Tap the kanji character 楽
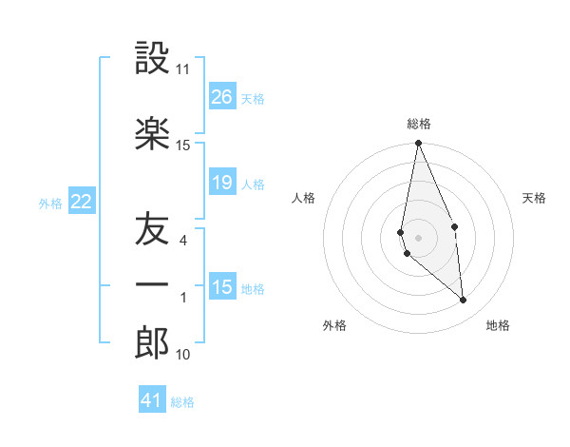152,133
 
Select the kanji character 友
152,230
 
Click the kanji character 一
152,284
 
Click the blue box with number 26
222,97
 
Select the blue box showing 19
222,183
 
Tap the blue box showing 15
222,287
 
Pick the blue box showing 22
82,202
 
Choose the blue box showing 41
152,400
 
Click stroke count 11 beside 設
182,69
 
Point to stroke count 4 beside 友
183,241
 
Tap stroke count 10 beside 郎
182,355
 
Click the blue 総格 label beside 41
182,402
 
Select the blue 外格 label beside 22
50,203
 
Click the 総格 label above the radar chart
419,124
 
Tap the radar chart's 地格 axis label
498,325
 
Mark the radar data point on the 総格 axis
418,144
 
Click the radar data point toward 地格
463,301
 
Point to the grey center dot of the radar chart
418,237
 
